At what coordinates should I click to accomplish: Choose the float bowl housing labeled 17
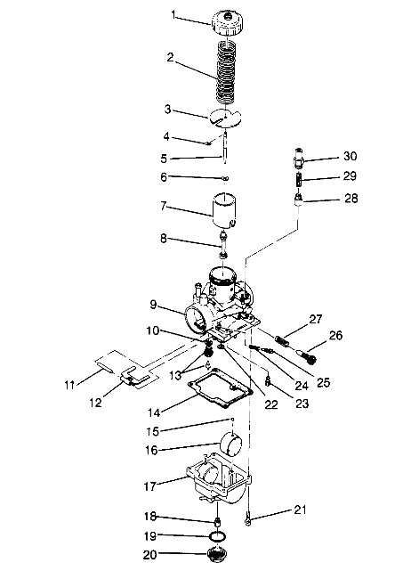click(219, 486)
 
